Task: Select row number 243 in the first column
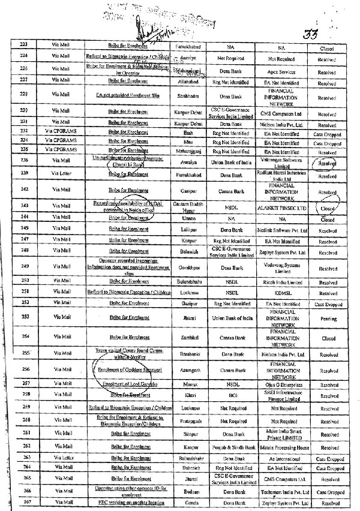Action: (x=25, y=206)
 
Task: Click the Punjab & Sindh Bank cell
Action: (x=230, y=447)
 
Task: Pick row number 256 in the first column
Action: (x=25, y=369)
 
